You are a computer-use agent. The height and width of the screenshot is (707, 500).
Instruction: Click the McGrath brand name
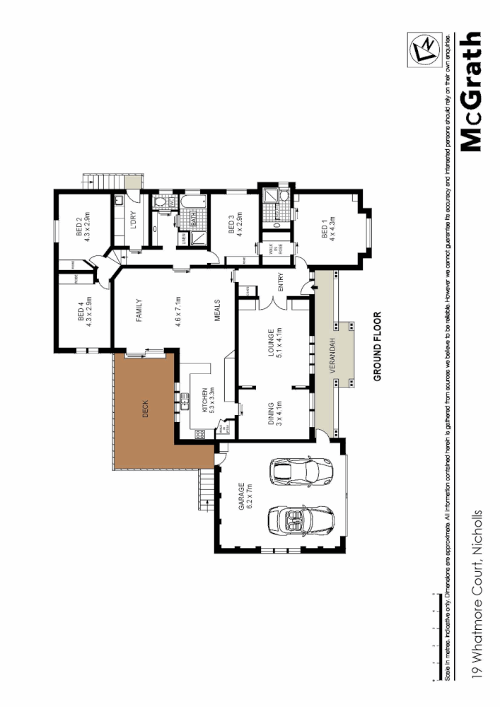point(471,92)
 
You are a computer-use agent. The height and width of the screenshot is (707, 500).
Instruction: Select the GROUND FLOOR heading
point(378,346)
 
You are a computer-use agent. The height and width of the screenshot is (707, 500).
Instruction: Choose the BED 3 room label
point(236,225)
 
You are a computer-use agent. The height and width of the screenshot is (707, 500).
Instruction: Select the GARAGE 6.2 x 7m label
point(245,497)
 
